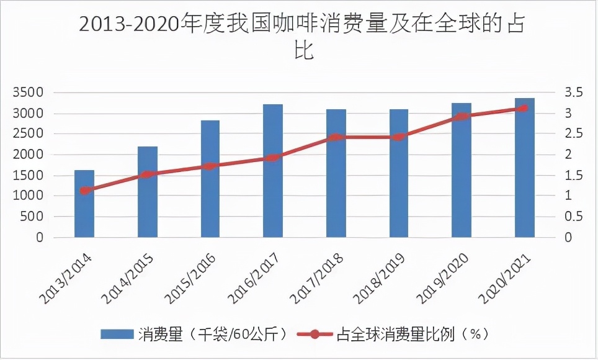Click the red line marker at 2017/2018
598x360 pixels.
coord(336,137)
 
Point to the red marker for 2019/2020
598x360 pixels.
coord(462,117)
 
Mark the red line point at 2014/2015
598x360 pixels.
coord(147,174)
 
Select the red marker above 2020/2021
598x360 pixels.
coord(525,108)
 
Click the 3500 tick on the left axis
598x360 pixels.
coord(29,93)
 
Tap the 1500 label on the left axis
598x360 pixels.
coord(29,176)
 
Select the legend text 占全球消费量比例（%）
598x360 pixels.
coord(413,335)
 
